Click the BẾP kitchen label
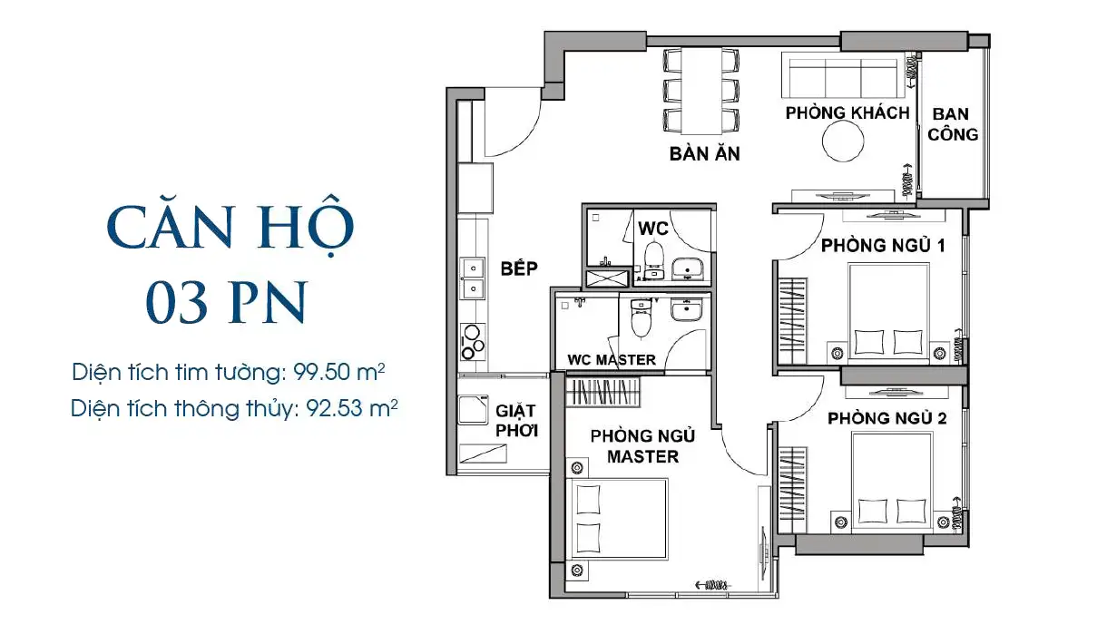(x=519, y=268)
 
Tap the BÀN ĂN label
(x=705, y=153)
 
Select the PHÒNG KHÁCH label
(x=847, y=113)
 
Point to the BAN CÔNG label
(x=952, y=124)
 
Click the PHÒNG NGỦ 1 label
(x=883, y=245)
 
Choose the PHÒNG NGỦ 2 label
(x=886, y=418)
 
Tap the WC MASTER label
(x=612, y=360)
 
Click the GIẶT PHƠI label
(x=516, y=421)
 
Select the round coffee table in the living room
(x=843, y=141)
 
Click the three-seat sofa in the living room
(x=843, y=75)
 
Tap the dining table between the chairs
(x=701, y=91)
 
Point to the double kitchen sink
(x=473, y=278)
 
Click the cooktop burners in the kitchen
(x=473, y=342)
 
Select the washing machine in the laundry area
(x=473, y=409)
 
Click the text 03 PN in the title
(x=226, y=302)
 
